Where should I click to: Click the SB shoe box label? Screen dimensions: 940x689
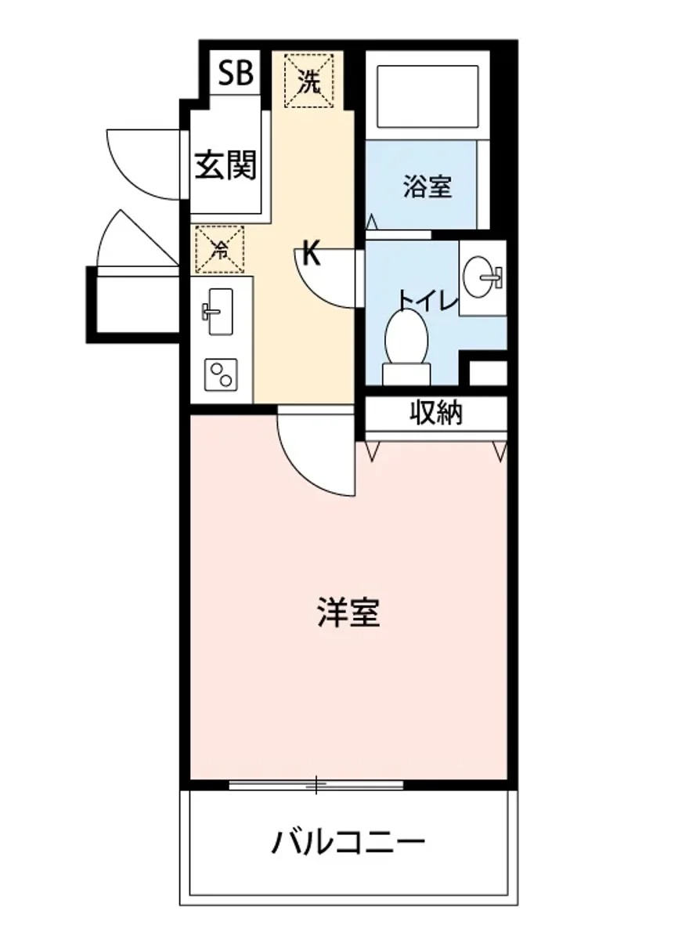[236, 74]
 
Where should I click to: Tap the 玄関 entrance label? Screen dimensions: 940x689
[225, 165]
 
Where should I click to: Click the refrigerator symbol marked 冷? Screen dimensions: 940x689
[220, 249]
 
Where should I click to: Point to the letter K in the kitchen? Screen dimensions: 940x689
[311, 255]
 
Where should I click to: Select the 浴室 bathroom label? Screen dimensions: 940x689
[427, 186]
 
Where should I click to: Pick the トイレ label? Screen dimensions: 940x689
[427, 300]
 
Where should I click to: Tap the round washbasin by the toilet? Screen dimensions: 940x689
[481, 277]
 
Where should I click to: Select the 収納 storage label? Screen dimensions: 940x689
[436, 413]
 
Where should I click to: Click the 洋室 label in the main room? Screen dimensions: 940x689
[349, 613]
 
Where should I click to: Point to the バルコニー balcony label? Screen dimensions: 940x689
[348, 844]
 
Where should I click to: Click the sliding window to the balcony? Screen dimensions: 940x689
[316, 784]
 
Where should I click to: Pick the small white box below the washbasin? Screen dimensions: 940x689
[488, 373]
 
